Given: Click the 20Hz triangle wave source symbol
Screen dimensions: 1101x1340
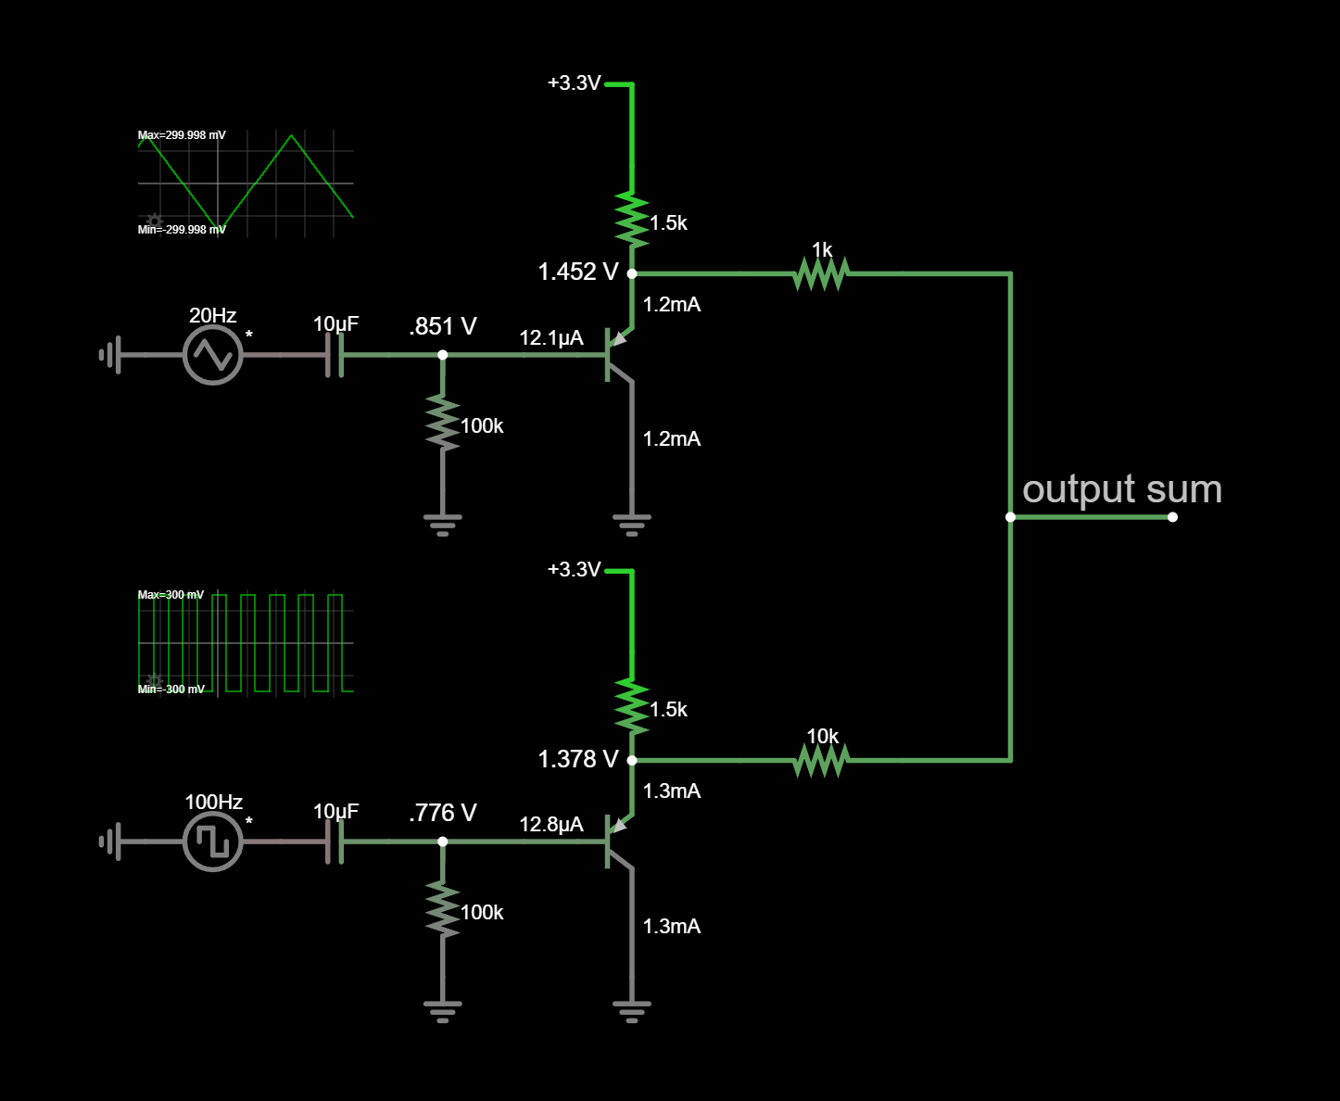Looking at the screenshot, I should (213, 355).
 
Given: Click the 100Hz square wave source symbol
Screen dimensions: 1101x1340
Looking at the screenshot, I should (213, 842).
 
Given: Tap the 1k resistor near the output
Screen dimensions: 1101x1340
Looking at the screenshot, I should (821, 273).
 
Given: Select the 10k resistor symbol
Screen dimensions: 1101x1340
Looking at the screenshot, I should (821, 760).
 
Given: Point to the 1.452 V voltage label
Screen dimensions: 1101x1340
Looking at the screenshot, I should (577, 272).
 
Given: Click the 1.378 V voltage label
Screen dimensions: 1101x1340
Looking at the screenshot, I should (577, 759).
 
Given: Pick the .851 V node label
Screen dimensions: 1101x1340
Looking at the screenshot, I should (443, 326).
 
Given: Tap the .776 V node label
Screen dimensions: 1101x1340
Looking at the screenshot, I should (443, 813).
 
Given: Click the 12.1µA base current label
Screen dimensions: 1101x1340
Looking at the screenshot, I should (551, 338).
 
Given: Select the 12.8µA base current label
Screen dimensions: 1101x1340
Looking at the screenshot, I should (551, 825).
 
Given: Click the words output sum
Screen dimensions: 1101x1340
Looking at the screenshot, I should (1121, 489).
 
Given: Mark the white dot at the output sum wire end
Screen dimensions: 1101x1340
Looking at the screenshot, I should (1172, 517).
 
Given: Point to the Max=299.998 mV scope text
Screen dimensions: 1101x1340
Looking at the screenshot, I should (182, 135).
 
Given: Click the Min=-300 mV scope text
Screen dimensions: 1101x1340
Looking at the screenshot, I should (171, 690).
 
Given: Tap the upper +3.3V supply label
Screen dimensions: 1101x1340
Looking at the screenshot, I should (574, 83).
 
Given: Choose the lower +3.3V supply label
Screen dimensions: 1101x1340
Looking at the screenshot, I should (574, 570).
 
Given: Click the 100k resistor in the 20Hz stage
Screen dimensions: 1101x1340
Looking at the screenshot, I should (443, 424).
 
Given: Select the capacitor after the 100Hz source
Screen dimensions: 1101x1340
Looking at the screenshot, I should (335, 842).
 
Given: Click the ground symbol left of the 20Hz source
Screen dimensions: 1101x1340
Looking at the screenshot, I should (110, 355).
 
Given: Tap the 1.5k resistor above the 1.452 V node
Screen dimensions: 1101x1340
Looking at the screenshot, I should (632, 221).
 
